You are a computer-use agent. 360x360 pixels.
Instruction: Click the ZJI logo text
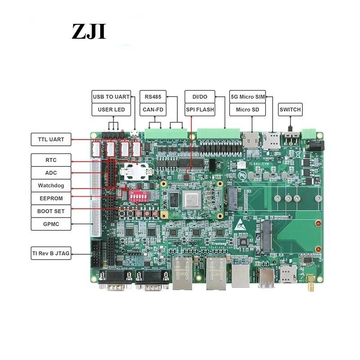coord(89,31)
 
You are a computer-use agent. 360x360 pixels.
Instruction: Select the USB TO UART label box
coord(111,96)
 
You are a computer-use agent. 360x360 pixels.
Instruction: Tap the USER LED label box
coord(111,109)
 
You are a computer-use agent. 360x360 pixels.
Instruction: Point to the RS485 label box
coord(153,96)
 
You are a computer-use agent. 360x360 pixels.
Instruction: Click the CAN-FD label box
coord(153,109)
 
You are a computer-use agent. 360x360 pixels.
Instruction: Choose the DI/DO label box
coord(200,96)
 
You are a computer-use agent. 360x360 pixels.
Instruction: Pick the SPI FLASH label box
coord(200,109)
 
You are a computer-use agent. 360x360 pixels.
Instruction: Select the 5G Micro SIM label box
coord(247,96)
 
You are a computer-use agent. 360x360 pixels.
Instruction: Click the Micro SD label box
coord(247,109)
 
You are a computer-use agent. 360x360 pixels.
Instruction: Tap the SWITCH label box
coord(290,109)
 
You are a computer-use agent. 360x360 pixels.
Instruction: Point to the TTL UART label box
coord(51,139)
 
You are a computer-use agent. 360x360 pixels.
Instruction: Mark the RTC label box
coord(51,160)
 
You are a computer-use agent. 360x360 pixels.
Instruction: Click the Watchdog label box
coord(51,185)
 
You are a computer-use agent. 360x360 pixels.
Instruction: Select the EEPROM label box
coord(51,198)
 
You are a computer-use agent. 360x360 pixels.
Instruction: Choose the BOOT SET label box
coord(51,211)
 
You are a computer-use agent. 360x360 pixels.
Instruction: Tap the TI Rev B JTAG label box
coord(51,253)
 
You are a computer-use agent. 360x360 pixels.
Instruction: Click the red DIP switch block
coord(139,196)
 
